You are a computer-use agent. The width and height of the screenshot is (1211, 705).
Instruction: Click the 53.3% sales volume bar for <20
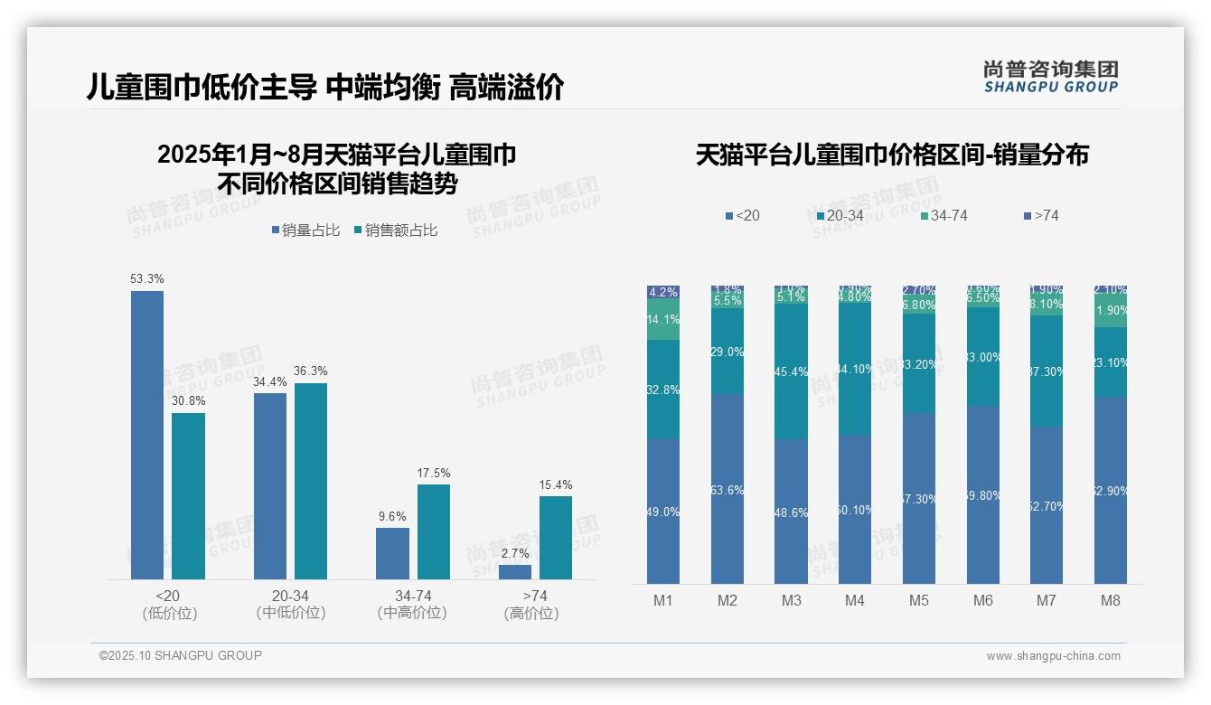tap(147, 435)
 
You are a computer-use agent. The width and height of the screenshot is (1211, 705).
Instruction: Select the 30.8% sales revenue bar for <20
tap(188, 496)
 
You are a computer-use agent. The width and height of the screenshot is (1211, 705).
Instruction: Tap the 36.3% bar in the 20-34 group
tap(311, 481)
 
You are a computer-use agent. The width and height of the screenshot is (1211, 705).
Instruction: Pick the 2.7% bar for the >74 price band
tap(515, 572)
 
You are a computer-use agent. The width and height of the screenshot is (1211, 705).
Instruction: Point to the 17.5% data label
tap(434, 473)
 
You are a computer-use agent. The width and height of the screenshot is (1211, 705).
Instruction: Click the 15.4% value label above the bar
tap(556, 484)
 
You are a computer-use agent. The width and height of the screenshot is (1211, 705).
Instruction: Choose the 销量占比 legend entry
tap(305, 230)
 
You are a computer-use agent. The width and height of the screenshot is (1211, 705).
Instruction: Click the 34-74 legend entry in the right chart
tap(943, 216)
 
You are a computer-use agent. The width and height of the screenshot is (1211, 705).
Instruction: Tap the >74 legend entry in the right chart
tap(1041, 216)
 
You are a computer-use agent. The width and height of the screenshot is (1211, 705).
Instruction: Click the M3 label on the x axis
tap(791, 600)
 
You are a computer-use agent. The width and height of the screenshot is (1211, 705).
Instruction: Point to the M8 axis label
tap(1111, 600)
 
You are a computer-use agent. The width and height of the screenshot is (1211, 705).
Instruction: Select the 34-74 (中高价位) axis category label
tap(412, 604)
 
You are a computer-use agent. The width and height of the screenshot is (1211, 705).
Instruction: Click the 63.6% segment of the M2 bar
tap(728, 488)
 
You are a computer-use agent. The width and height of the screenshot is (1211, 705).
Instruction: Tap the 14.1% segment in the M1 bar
tap(663, 320)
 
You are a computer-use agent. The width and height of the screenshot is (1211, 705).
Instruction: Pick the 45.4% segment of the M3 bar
tap(791, 371)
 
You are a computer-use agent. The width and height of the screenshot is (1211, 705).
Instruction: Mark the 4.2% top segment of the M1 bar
tap(663, 292)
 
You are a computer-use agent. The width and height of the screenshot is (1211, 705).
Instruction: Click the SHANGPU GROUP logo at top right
tap(1050, 76)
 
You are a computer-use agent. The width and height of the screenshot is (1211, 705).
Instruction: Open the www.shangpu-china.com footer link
tap(1053, 656)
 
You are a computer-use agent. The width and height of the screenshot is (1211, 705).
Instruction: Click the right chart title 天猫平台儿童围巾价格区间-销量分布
tap(892, 155)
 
